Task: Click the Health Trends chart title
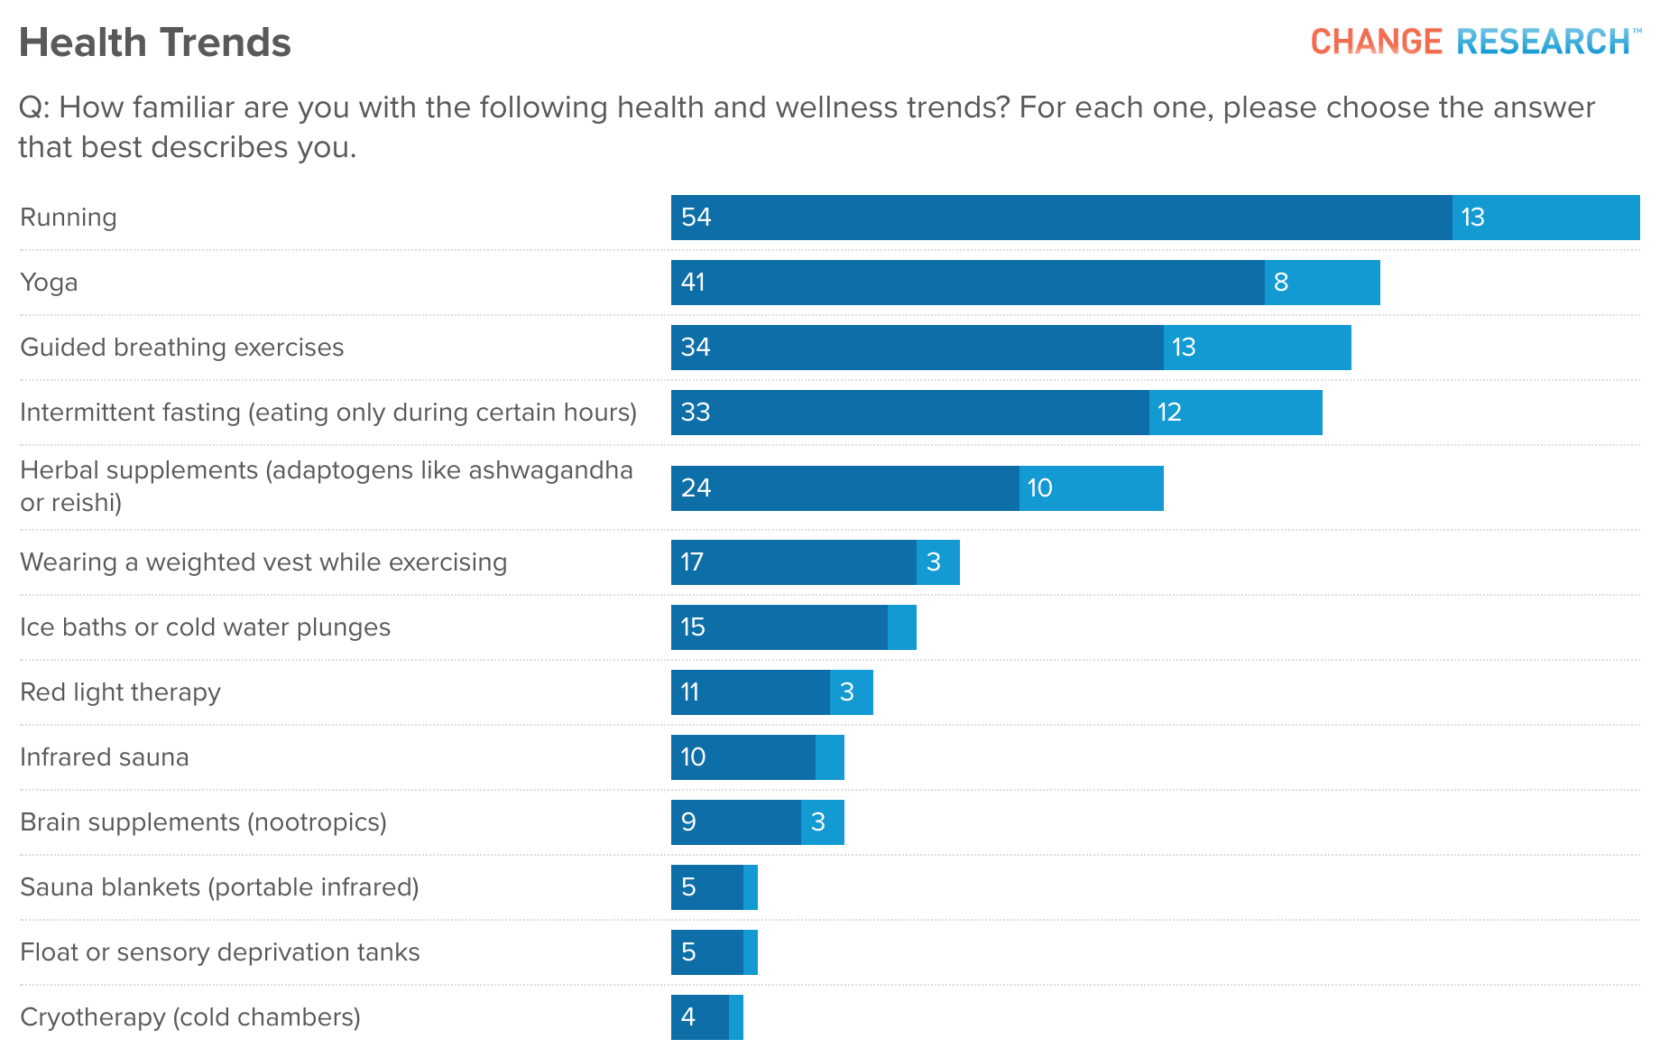[154, 42]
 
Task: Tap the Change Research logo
[1474, 42]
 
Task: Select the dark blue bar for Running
[1061, 218]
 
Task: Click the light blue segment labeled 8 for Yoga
[1322, 283]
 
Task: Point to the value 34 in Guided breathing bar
[696, 348]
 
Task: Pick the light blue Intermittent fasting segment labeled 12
[1235, 413]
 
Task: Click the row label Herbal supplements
[327, 486]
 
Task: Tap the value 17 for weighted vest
[692, 562]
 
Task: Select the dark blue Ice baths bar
[779, 627]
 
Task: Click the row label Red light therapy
[120, 692]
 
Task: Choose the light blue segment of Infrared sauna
[830, 757]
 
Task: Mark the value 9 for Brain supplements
[688, 822]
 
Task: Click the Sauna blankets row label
[219, 887]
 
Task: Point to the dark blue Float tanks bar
[706, 952]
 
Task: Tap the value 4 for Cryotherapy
[688, 1017]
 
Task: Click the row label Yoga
[49, 283]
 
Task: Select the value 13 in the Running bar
[1472, 218]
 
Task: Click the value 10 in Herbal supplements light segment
[1039, 488]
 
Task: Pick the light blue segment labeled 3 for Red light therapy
[851, 692]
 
